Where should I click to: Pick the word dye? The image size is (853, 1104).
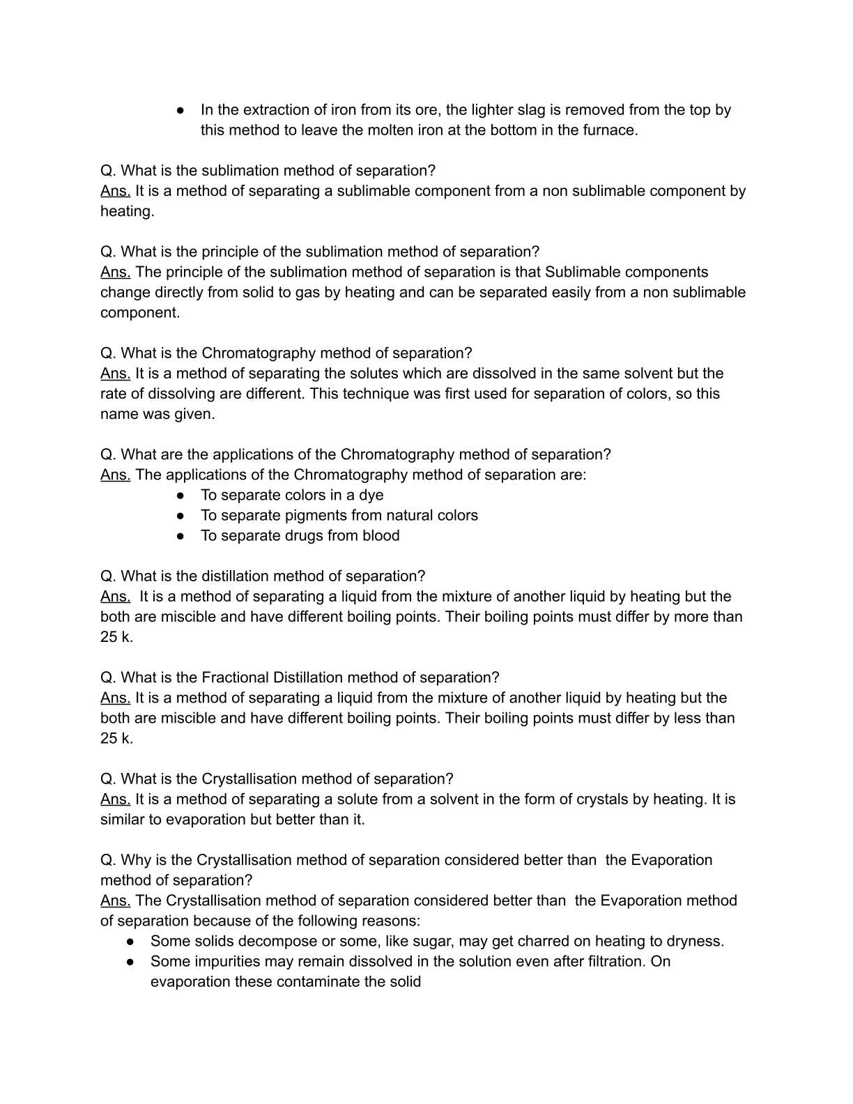[371, 496]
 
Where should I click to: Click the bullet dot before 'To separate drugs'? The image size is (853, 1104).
[180, 536]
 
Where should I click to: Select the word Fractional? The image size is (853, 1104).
[235, 677]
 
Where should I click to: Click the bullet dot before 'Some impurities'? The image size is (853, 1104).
[130, 962]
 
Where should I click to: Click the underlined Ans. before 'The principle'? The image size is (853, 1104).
[115, 273]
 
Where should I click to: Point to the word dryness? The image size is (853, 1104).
[694, 942]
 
